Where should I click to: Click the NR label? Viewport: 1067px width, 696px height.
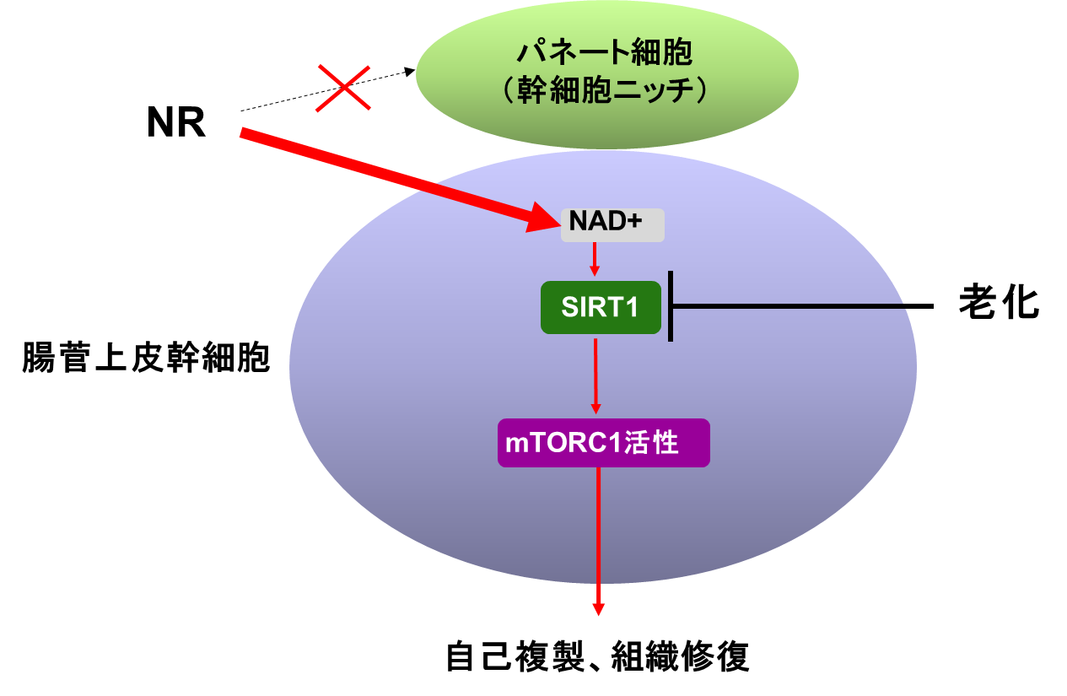[x=176, y=122]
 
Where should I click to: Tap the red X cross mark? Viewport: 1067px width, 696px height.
[x=343, y=88]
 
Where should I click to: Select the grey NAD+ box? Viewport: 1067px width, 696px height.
[x=612, y=225]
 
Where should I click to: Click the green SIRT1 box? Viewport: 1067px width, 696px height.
[x=601, y=307]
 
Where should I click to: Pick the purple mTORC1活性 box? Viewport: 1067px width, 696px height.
[x=604, y=443]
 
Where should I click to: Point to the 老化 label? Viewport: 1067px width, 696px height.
[x=999, y=301]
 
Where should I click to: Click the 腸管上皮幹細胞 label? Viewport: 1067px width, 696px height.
[x=146, y=358]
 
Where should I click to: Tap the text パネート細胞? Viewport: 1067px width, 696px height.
[x=605, y=52]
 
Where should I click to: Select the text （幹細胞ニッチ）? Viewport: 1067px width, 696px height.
[x=605, y=90]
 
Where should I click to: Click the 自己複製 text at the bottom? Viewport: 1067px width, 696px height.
[x=515, y=657]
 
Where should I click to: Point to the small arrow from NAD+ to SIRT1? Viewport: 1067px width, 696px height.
[x=595, y=259]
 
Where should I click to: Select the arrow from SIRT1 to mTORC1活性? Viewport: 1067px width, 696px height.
[x=595, y=376]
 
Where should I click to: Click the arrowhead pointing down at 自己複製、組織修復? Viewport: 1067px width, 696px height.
[x=598, y=609]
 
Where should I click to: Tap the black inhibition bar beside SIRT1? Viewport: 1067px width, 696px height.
[x=671, y=306]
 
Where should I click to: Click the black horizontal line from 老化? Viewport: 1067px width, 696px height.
[x=802, y=306]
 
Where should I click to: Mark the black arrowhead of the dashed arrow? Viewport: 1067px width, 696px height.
[x=410, y=72]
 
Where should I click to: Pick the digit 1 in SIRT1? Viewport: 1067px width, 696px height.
[x=633, y=307]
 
